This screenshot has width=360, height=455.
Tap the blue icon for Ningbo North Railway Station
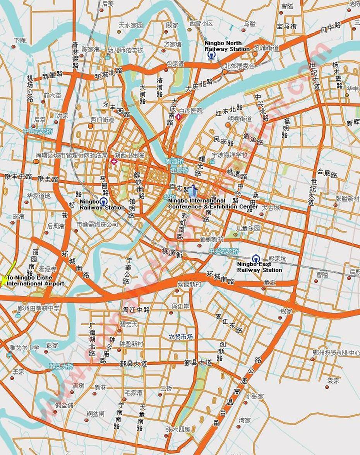211,56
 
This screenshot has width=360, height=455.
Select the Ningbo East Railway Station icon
255,258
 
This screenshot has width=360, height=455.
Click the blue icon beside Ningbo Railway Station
103,201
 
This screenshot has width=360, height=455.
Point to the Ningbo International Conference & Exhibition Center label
213,204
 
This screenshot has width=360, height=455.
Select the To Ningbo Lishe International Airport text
35,281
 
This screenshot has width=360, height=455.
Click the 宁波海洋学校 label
230,155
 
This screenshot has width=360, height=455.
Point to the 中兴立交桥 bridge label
224,251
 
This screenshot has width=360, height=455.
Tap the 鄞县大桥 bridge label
61,366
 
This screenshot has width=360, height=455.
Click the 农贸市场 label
180,337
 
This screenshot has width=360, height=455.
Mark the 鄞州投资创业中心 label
336,353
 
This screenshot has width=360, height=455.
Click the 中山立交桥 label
38,131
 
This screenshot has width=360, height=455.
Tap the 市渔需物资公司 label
97,224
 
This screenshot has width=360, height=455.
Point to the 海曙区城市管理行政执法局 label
72,155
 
